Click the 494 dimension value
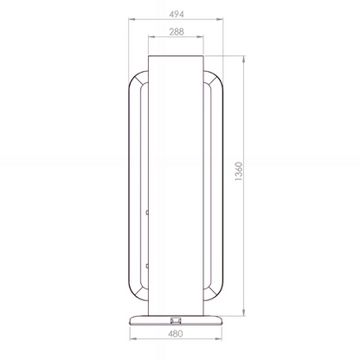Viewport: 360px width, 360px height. (177, 14)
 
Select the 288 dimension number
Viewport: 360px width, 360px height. (177, 32)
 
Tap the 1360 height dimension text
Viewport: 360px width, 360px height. (239, 171)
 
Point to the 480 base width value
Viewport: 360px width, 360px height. (176, 334)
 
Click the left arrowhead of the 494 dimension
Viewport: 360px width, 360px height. (132, 19)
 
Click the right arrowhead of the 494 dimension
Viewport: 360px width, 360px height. (220, 19)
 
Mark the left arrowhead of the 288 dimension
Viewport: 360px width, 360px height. (151, 36)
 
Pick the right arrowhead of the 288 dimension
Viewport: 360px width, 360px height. (200, 36)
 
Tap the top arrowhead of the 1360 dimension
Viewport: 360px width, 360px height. (244, 59)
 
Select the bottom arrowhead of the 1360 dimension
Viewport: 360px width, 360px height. (244, 312)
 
